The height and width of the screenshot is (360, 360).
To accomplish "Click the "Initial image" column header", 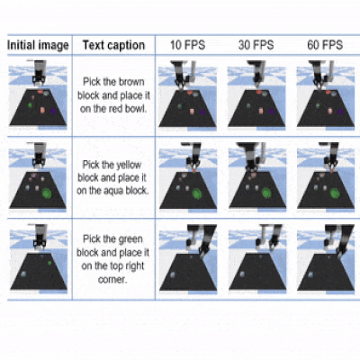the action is tap(38, 45).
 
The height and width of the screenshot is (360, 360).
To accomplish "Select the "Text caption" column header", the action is tap(113, 45).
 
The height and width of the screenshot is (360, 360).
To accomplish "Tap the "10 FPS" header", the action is tap(187, 45).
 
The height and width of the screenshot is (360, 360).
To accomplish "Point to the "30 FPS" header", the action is tap(256, 45).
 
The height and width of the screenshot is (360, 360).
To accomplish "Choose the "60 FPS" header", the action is tap(325, 45).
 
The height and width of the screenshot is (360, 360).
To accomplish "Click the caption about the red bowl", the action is tap(113, 95).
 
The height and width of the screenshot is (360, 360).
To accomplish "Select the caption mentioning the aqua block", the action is tap(112, 177).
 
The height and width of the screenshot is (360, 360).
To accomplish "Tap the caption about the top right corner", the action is tap(112, 259).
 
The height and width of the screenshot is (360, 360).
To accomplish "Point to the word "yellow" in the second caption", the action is tap(129, 165).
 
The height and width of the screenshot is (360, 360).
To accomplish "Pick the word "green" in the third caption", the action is tap(130, 239).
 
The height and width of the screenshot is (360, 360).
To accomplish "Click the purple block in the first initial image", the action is tap(53, 112).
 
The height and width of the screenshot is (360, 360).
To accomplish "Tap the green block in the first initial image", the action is tap(30, 105).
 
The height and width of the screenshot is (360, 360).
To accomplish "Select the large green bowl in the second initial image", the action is tap(47, 193).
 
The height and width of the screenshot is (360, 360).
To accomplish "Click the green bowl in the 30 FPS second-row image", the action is tap(266, 193).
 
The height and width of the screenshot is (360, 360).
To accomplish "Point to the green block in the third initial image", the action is tap(49, 263).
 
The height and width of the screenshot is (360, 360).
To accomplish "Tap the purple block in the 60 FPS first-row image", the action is tap(340, 112).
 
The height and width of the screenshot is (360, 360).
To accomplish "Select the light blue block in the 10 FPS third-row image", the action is tap(173, 274).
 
